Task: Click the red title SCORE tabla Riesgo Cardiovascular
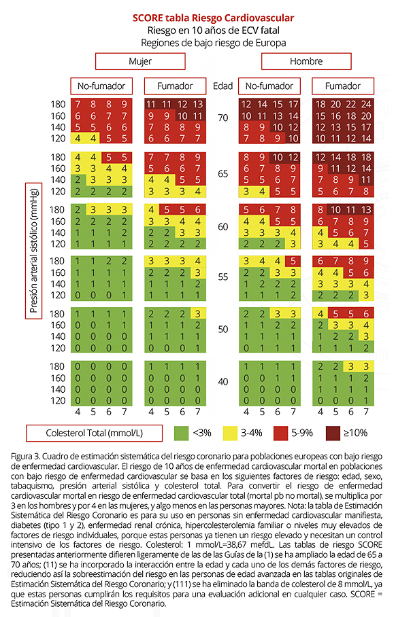pos(213,18)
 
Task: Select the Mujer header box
pos(140,61)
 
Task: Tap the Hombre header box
pos(306,61)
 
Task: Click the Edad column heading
pos(222,86)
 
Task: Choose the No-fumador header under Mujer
pos(101,86)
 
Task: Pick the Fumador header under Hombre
pos(343,86)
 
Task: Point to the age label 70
pos(223,118)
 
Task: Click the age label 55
pos(223,277)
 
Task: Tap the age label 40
pos(223,382)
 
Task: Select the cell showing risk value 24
pos(366,104)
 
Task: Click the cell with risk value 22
pos(350,104)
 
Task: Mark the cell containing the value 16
pos(335,116)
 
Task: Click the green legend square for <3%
pos(181,434)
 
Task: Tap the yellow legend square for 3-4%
pos(230,434)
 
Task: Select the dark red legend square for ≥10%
pos(333,434)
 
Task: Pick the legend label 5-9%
pos(302,433)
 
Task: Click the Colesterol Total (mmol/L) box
pos(94,434)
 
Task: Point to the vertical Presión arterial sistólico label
pos(34,251)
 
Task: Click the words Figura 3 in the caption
pos(25,457)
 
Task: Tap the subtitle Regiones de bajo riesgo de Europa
pos(213,43)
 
